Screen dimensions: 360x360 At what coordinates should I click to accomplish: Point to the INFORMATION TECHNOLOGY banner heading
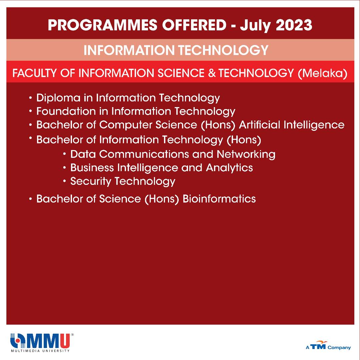coord(176,50)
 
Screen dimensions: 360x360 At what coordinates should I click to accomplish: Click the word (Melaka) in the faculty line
coord(322,73)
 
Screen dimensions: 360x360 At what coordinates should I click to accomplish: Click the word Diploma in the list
coord(58,98)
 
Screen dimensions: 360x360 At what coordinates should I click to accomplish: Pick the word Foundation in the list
coord(66,111)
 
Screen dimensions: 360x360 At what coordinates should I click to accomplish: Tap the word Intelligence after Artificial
coord(314,125)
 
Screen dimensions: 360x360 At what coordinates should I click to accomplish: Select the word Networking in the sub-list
coord(246,154)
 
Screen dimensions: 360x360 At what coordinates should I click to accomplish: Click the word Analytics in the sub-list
coord(229,168)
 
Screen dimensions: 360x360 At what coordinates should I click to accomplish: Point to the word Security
coord(91,182)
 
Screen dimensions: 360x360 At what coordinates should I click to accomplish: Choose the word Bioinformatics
coord(219,199)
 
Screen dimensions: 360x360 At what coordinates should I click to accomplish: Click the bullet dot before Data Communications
coord(65,154)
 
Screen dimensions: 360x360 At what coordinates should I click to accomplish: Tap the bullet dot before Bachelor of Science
coord(31,199)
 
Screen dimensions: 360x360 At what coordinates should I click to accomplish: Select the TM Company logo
coord(328,345)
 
